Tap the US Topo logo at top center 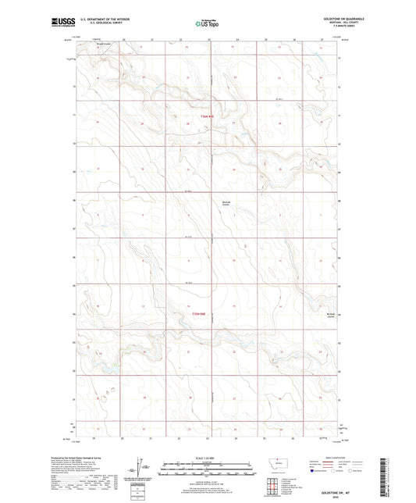point(206,23)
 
